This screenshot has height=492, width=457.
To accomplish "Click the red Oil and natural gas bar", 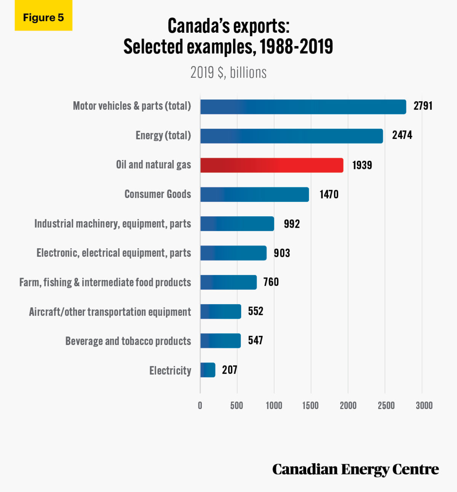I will click(272, 165).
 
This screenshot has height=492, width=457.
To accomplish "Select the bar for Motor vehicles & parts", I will click(303, 107).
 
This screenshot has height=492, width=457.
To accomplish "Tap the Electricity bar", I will click(208, 370).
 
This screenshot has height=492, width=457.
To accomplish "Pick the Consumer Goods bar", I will click(254, 195).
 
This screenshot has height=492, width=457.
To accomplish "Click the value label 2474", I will click(402, 135).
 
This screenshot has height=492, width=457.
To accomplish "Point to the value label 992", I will click(292, 224).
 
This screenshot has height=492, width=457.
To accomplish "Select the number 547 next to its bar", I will click(256, 340).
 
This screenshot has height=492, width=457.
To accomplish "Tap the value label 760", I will click(271, 282).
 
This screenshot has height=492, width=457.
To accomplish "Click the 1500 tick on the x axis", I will click(310, 406).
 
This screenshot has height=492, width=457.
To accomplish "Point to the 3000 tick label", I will click(424, 406).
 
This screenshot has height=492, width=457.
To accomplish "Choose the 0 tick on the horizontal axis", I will click(200, 406).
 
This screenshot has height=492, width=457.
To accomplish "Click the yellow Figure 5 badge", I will click(43, 18).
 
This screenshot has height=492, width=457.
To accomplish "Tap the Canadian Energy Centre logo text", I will click(355, 470).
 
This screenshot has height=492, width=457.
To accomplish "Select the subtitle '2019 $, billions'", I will click(228, 72).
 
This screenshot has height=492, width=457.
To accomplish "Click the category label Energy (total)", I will click(163, 136).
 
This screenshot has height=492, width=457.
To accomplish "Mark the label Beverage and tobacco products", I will click(128, 341).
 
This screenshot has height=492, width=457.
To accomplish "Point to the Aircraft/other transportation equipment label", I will click(110, 312).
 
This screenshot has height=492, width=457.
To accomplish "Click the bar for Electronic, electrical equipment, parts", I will click(233, 253).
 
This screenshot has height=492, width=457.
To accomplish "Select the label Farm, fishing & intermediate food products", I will click(105, 283).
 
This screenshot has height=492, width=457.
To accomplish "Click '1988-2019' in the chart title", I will click(296, 46).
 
